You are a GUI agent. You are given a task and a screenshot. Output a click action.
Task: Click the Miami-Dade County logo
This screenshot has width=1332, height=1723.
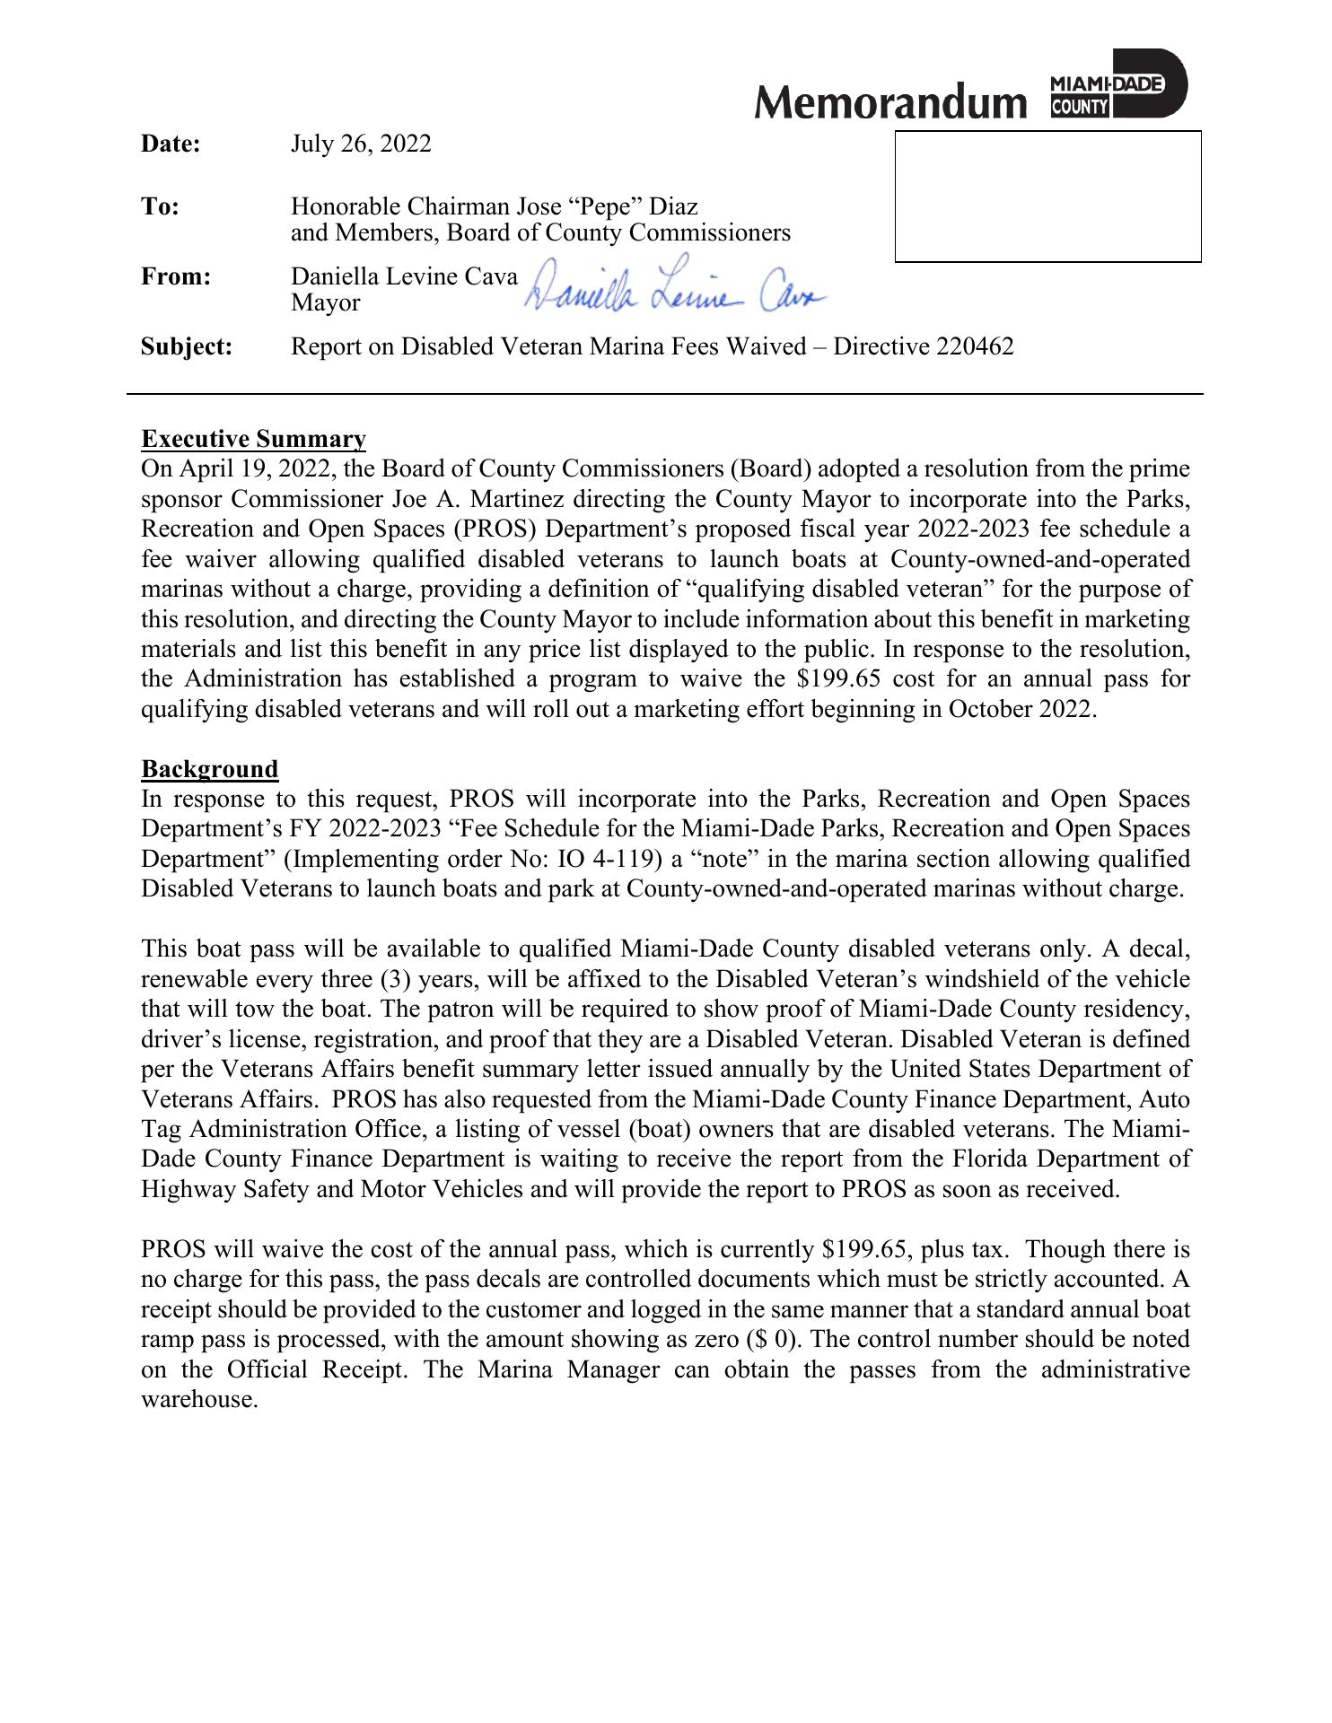click(1117, 84)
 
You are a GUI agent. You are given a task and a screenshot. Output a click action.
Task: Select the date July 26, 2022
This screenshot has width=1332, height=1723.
click(361, 144)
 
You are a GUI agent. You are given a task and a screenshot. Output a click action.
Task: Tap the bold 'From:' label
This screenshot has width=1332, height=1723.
click(175, 276)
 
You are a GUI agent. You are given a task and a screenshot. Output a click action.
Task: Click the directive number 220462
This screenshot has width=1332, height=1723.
click(974, 346)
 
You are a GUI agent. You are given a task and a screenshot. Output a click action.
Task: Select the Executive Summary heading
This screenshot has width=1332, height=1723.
click(254, 439)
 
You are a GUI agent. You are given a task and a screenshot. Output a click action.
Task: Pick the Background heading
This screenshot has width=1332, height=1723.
click(210, 769)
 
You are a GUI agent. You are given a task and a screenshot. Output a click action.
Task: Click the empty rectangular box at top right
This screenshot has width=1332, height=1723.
click(1047, 197)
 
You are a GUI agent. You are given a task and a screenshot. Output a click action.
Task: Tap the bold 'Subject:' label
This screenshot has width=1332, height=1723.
click(187, 346)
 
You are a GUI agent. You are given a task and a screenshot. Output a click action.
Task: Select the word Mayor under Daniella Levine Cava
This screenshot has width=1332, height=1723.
click(325, 303)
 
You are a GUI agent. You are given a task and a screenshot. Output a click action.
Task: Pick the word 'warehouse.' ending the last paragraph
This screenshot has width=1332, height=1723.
click(200, 1400)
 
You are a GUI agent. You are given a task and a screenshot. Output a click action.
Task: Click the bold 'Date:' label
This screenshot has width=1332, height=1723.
click(171, 144)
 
